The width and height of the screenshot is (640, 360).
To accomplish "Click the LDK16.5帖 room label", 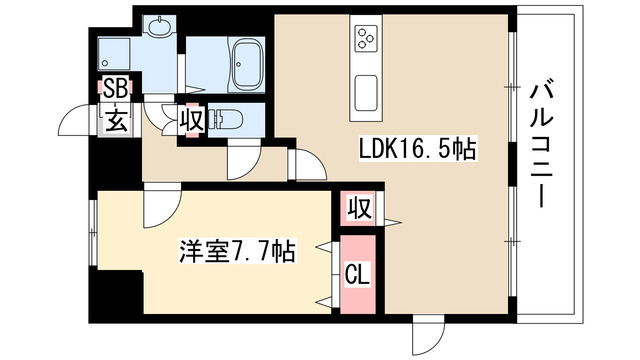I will click(417, 150).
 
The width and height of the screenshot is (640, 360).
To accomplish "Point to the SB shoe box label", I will click(115, 90).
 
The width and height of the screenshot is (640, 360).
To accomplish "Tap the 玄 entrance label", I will click(115, 123).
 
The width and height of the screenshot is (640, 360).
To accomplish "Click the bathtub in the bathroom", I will click(244, 65).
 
